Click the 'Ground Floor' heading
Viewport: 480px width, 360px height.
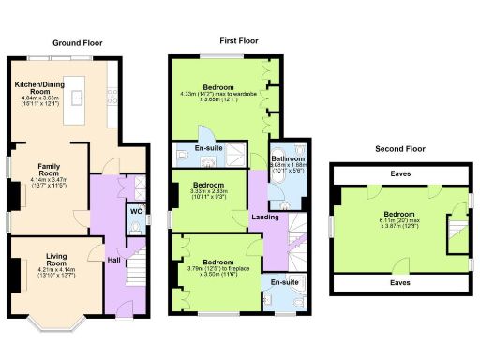[78, 43]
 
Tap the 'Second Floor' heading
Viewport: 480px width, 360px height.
[399, 149]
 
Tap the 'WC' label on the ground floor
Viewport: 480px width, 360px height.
[135, 212]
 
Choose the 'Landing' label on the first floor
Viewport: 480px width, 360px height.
[264, 218]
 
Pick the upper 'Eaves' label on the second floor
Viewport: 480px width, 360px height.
[399, 173]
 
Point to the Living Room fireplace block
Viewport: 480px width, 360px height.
[12, 273]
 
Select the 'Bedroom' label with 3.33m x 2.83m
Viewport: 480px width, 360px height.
[206, 185]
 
